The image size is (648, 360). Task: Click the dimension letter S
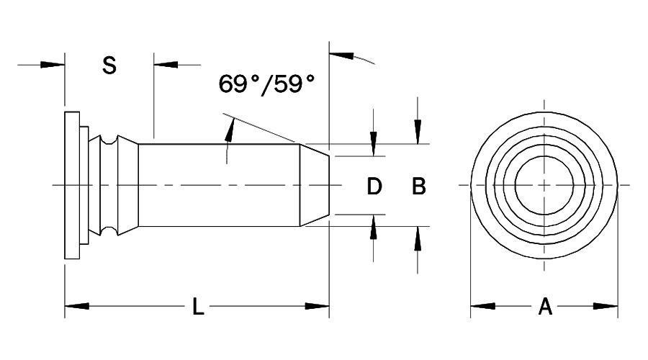[x=109, y=66]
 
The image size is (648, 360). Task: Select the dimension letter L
[x=198, y=307]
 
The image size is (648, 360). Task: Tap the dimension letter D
[x=374, y=186]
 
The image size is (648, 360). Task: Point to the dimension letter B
[x=418, y=186]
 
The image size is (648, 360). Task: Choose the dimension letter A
[x=545, y=307]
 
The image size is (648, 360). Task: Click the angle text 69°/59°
[x=267, y=84]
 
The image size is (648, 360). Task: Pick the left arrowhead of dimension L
[x=76, y=307]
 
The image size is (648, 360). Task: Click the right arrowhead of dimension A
[x=606, y=307]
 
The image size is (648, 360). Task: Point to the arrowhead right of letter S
[x=166, y=65]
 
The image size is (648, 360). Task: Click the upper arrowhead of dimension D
[x=374, y=144]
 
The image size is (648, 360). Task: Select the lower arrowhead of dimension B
[x=418, y=238]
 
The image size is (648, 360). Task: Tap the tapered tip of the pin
[x=315, y=185]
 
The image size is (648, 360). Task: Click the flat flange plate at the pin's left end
[x=71, y=185]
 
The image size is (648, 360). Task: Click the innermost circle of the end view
[x=544, y=185]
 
